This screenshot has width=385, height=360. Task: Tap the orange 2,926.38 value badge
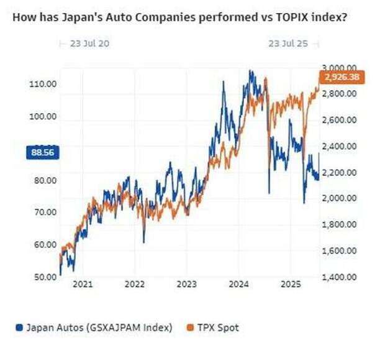342,78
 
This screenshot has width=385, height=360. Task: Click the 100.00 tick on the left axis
43,116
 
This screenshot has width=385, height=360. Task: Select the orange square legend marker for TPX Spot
190,328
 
